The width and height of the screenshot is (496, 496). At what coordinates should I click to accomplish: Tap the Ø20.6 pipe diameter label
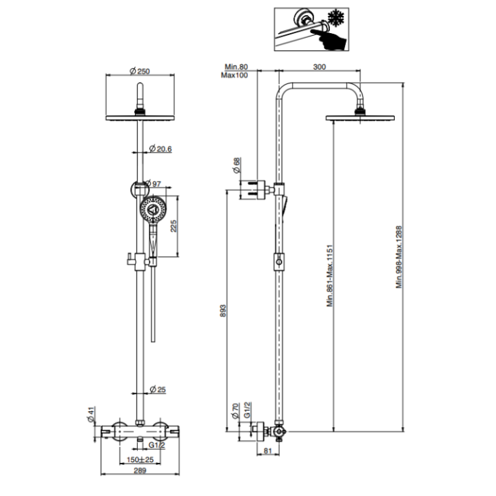[x=161, y=149]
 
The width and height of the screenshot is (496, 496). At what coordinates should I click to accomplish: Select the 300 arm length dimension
[x=319, y=67]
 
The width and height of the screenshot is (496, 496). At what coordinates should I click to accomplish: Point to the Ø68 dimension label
[x=235, y=165]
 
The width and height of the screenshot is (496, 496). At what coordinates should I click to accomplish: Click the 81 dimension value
[x=269, y=452]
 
